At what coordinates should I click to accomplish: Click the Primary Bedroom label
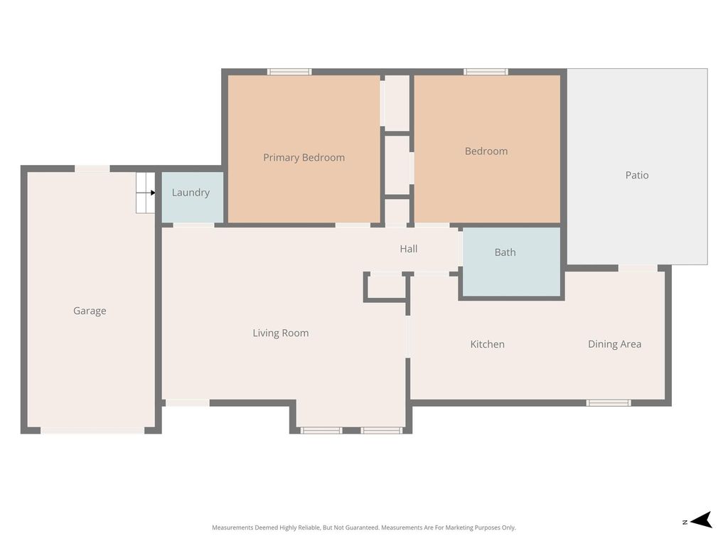[304, 157]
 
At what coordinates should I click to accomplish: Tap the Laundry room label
[191, 193]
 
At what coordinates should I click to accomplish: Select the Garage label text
[90, 311]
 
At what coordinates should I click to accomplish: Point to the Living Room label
[280, 333]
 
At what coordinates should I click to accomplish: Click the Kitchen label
[487, 344]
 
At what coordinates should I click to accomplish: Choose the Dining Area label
[614, 344]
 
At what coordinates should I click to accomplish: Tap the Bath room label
[505, 252]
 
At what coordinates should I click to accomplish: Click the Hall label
[409, 249]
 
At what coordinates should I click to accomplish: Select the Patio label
[636, 175]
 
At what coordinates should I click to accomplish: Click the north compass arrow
[701, 520]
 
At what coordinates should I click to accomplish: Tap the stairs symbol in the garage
[145, 193]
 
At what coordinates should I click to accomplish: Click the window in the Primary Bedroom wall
[289, 72]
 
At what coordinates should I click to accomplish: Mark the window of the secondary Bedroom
[486, 72]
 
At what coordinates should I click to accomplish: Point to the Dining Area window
[609, 402]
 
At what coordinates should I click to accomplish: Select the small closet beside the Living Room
[385, 287]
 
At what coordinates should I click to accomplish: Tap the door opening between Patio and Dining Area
[638, 268]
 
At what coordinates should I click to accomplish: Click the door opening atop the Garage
[92, 168]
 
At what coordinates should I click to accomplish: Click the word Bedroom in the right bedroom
[486, 151]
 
